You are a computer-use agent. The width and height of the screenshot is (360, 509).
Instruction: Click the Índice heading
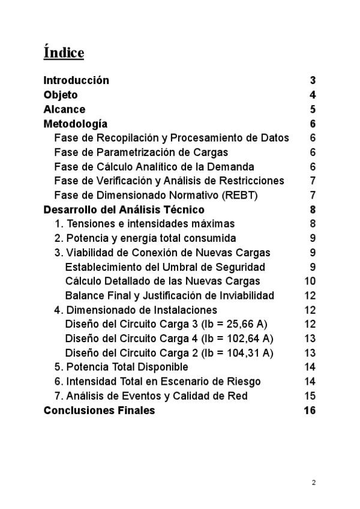64,52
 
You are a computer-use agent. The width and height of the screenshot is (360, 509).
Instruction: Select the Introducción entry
76,80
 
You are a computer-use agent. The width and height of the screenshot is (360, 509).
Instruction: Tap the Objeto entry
61,95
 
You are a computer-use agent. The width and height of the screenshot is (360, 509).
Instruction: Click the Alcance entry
64,109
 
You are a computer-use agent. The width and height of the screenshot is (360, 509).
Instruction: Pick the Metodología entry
76,124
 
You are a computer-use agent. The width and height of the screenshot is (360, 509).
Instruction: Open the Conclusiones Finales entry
99,411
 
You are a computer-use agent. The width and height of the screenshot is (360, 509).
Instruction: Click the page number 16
310,411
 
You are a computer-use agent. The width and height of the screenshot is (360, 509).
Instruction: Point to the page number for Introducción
313,80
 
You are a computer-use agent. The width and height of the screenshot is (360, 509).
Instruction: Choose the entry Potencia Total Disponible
121,367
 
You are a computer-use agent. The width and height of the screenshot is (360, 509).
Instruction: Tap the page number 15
310,396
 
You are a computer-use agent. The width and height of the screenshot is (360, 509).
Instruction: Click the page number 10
310,281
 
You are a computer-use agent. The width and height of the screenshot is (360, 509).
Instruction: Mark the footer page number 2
313,482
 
